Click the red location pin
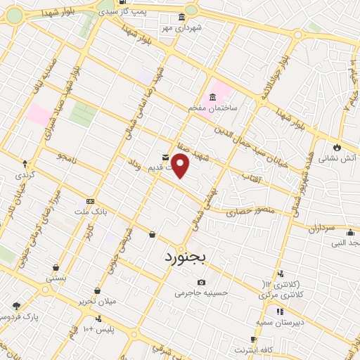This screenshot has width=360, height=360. [x=181, y=165]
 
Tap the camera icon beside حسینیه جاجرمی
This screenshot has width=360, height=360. [x=202, y=283]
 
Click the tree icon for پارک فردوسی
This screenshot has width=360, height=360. [x=17, y=305]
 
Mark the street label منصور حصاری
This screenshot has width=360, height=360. [x=251, y=211]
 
